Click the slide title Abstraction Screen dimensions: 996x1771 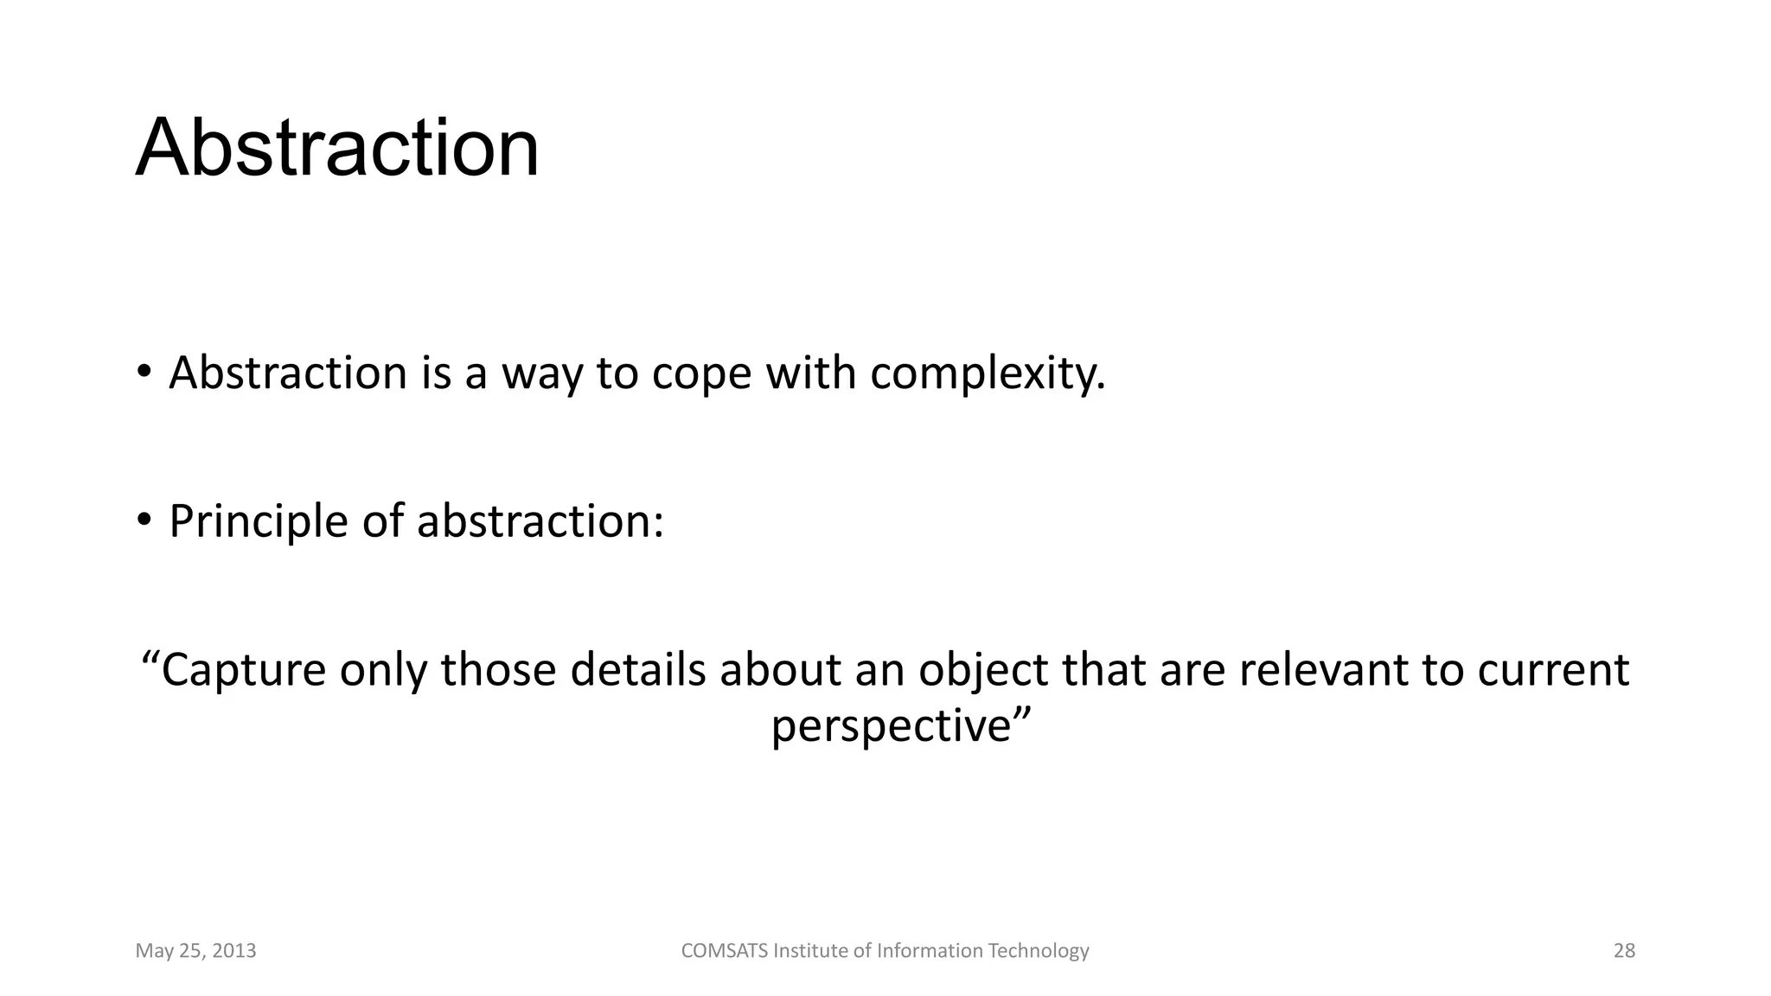coord(337,149)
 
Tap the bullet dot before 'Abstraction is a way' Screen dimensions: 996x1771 coord(144,373)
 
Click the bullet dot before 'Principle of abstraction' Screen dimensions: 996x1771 coord(144,520)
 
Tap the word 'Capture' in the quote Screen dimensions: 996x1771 coord(244,671)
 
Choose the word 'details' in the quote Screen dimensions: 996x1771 coord(638,669)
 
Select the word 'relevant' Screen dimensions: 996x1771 coord(1323,669)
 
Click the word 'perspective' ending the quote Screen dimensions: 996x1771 coord(891,726)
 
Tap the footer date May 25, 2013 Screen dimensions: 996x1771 coord(196,951)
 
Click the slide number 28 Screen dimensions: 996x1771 coord(1624,951)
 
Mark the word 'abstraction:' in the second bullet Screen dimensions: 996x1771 coord(540,522)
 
